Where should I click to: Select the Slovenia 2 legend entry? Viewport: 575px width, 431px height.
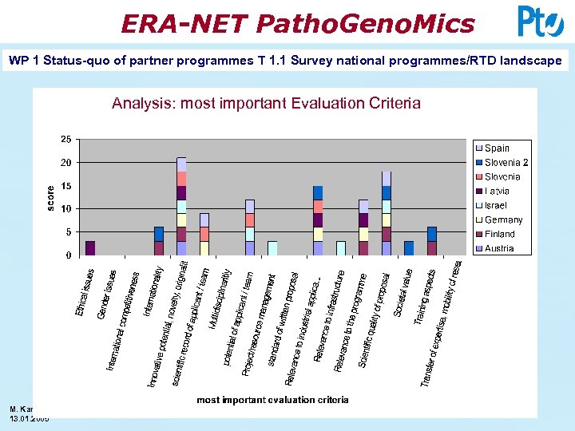click(x=502, y=162)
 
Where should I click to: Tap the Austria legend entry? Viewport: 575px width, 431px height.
click(x=498, y=248)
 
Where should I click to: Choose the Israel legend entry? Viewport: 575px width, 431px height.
click(x=495, y=205)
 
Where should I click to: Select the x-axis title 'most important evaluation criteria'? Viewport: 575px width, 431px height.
click(x=272, y=400)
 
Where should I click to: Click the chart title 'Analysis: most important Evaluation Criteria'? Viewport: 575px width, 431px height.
click(x=266, y=103)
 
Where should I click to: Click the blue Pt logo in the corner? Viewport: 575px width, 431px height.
click(x=540, y=22)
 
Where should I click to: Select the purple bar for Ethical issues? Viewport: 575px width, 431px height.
click(x=90, y=247)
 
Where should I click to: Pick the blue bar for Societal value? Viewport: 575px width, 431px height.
click(x=409, y=247)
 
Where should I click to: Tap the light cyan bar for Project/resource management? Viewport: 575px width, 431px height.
click(x=272, y=247)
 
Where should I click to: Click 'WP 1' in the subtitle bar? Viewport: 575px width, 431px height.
click(x=22, y=61)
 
